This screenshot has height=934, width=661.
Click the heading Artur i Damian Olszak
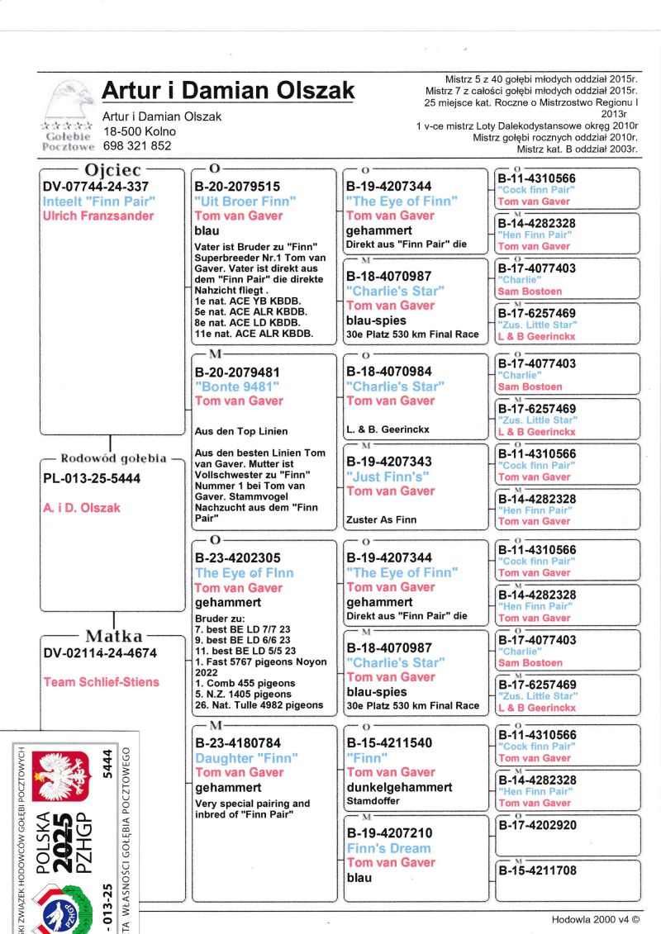pos(227,90)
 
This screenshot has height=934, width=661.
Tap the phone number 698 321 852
pos(137,146)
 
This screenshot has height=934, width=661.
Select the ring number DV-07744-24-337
pos(96,187)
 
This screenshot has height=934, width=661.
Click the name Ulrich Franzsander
pos(98,216)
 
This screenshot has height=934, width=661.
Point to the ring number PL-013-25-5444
pos(92,479)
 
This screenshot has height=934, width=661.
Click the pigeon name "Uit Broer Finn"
pos(245,201)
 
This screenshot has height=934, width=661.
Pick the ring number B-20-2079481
pos(237,372)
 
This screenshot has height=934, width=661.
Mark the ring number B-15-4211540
pos(389,743)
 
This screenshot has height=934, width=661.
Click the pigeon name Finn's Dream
pos(388,848)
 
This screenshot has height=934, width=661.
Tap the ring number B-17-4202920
pos(537,824)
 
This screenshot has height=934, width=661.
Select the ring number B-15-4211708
pos(537,870)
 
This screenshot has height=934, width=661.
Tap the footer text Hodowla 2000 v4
pos(595,919)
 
